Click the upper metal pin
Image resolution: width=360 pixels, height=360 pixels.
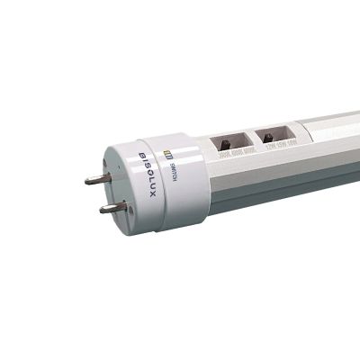101,178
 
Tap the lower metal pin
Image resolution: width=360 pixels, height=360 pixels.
113,208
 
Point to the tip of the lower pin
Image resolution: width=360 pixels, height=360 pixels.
99,209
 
